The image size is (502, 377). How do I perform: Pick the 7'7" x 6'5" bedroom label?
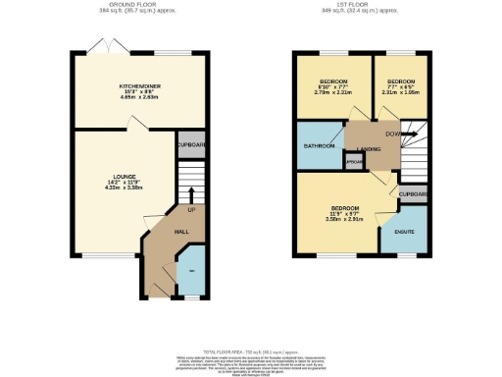tap(399, 82)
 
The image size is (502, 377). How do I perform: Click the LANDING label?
tap(369, 149)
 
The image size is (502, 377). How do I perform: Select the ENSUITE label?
tap(403, 232)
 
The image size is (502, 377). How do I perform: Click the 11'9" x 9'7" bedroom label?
tap(346, 209)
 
